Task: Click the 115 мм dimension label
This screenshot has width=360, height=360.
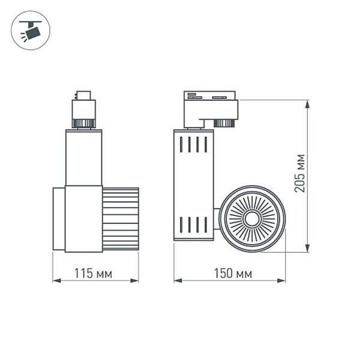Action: coord(92,274)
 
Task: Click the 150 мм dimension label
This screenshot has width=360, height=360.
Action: coord(233,274)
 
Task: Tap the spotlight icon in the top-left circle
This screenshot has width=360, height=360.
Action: coord(31,29)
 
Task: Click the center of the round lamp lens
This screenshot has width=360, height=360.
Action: coord(251,219)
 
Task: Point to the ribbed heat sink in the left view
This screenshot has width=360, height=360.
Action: coord(120,218)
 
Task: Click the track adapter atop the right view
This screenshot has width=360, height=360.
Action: coord(211,106)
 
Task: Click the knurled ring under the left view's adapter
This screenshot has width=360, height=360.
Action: coord(82,124)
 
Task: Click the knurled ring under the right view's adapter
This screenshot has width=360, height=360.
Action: coord(224,123)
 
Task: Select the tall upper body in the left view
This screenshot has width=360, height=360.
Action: coord(83,157)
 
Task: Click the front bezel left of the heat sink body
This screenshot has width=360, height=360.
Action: coord(58,218)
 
